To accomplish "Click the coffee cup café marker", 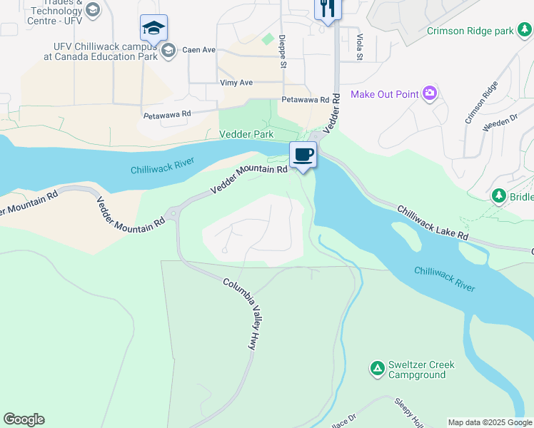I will click(303, 155).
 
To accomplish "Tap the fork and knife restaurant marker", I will click(328, 8).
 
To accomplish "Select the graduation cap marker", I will click(153, 29).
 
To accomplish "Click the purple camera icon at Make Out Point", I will click(429, 93).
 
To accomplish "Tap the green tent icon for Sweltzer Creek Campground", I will click(376, 369).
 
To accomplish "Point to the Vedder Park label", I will click(246, 134).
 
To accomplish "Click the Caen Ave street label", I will click(198, 50).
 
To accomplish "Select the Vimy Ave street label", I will click(236, 83).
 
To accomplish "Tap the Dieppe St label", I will click(283, 51).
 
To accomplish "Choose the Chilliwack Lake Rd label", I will click(433, 223).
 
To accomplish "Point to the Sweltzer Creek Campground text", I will click(421, 370).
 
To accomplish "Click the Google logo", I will click(24, 419).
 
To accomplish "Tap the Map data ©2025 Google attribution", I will click(490, 422).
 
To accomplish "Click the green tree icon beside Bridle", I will click(499, 195).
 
